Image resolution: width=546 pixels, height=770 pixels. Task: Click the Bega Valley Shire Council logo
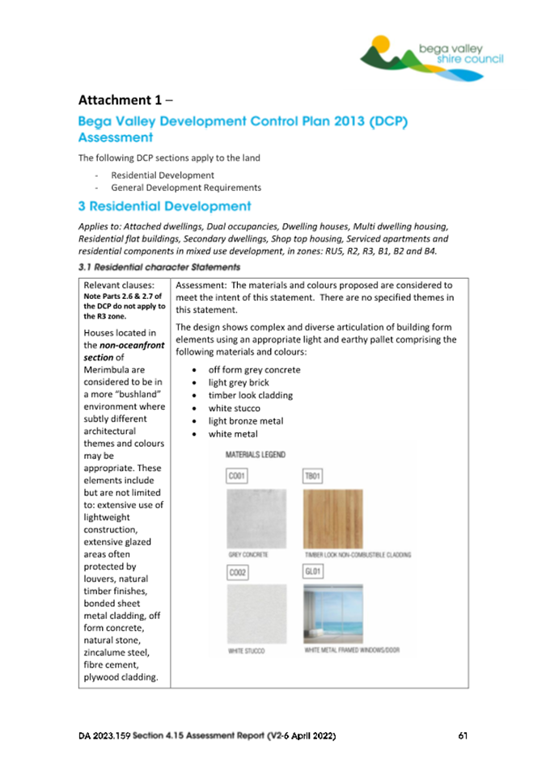point(432,57)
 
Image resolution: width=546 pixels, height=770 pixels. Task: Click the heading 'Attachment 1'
point(125,100)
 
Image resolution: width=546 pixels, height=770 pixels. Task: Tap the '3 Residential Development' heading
point(164,207)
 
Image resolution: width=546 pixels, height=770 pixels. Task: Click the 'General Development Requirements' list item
point(186,187)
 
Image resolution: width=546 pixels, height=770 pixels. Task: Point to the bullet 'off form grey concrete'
point(254,370)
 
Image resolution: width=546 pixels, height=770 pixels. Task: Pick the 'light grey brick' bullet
point(239,383)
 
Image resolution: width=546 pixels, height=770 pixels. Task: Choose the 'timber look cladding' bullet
point(251,396)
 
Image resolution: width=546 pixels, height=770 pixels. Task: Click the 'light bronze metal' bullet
point(247,422)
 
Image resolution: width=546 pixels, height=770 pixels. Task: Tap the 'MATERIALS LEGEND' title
point(255,455)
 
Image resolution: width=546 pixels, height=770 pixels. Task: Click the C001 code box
point(237,477)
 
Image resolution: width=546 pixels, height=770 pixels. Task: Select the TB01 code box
point(313,477)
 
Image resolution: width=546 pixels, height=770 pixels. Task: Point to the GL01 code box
point(313,572)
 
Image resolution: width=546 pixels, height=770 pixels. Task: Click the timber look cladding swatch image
point(332,518)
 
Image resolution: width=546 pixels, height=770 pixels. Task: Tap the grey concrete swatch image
point(256,518)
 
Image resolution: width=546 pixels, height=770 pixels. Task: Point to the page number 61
point(463,736)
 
